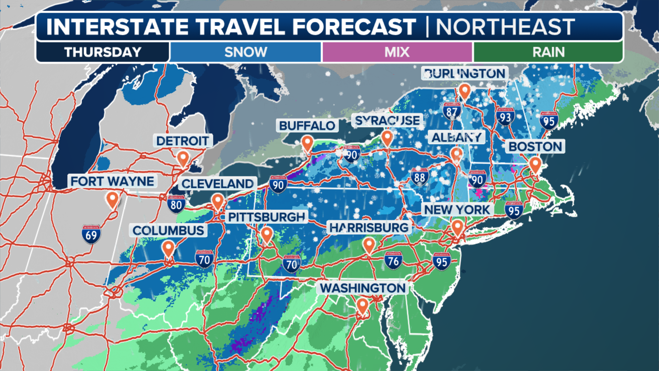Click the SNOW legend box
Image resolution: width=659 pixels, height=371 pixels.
[245, 52]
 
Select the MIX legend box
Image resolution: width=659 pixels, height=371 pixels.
[397, 52]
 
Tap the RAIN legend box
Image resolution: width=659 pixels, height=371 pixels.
[548, 52]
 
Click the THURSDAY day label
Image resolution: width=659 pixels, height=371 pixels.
[103, 52]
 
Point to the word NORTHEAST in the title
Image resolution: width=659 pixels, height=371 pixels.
[505, 27]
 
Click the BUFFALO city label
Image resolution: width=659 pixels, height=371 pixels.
[307, 126]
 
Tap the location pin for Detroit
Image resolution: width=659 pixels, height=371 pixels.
[183, 159]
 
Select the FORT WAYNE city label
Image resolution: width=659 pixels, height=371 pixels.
[112, 181]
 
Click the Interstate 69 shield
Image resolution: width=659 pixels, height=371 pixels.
[91, 235]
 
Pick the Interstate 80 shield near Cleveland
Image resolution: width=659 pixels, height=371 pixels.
[176, 204]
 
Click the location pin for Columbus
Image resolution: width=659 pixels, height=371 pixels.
[168, 248]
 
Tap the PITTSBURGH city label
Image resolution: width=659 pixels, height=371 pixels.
[266, 217]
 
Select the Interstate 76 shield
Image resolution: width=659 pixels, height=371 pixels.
[393, 261]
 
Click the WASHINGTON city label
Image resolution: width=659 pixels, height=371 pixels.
[363, 288]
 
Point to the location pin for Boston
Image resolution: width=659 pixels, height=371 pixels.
[535, 165]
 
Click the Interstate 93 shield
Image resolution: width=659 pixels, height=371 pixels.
[505, 117]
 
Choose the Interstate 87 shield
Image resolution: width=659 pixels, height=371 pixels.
[451, 111]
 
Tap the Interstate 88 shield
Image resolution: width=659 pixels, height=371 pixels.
[419, 177]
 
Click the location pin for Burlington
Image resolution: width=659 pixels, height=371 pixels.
[464, 91]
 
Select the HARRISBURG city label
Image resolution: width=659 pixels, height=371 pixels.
[369, 227]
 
